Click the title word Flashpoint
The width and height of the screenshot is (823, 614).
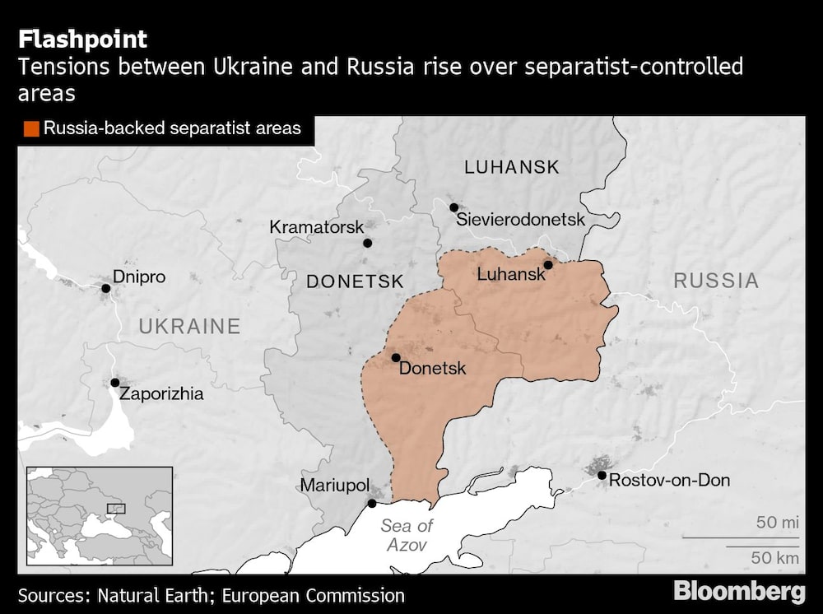coord(83,40)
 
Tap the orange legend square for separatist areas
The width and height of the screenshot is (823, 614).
coord(31,128)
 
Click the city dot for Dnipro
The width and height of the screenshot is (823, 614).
coord(105,288)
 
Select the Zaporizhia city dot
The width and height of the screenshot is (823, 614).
coord(115,383)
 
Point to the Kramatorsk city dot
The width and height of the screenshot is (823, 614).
coord(368,243)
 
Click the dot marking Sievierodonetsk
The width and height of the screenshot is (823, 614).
coord(453,207)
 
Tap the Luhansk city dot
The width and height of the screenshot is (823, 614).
coord(547,264)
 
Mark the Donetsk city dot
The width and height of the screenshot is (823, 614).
coord(396,357)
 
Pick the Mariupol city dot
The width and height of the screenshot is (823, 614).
coord(372,503)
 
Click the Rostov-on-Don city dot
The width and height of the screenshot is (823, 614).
coord(602,475)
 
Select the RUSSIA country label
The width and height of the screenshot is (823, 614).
coord(716,281)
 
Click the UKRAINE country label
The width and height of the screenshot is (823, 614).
coord(189,327)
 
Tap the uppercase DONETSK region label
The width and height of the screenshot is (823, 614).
coord(355,281)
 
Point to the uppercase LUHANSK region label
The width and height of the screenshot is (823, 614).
coord(512,167)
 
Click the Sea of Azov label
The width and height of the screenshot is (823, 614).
coord(407,535)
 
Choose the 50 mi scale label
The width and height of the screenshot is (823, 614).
coord(778,523)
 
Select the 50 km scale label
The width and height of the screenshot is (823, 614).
coord(775,558)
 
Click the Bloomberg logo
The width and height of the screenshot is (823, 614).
coord(739,591)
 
